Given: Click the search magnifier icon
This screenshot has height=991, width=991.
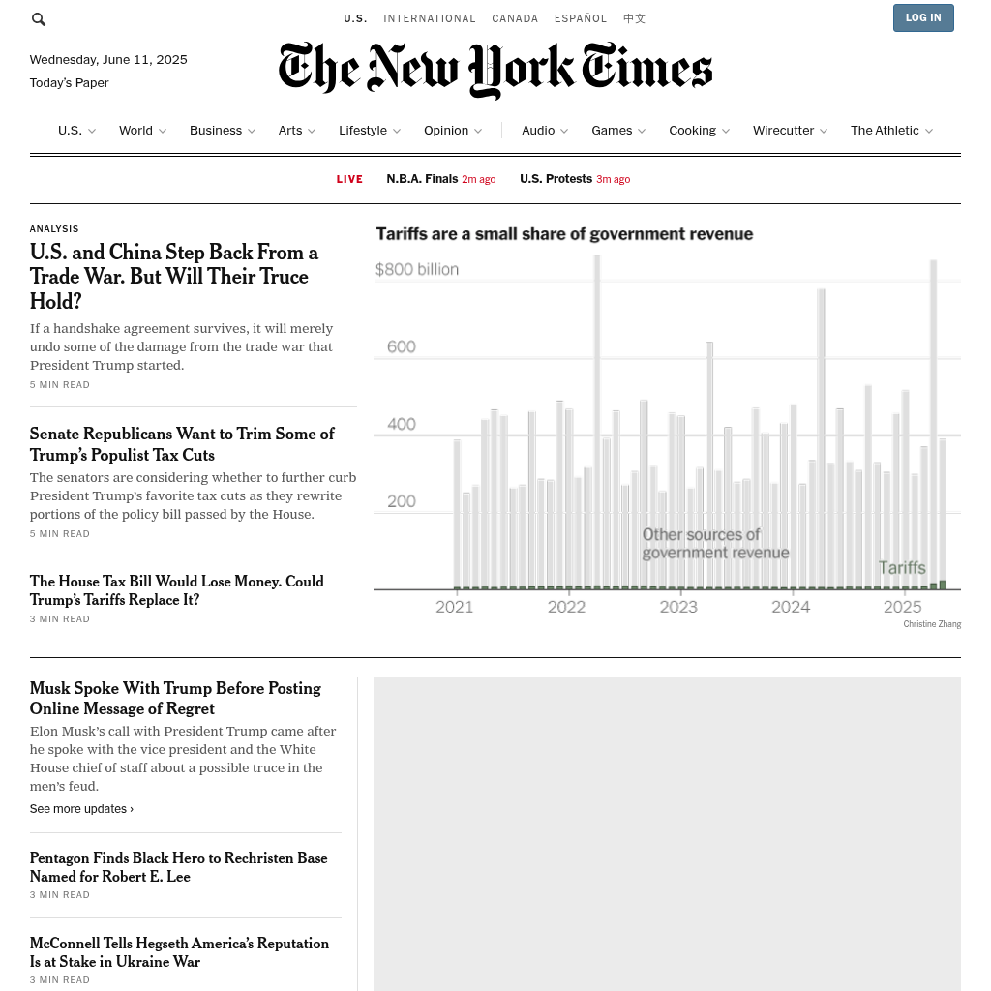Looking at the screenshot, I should click(x=39, y=19).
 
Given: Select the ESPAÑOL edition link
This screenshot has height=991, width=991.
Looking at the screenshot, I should click(x=581, y=18).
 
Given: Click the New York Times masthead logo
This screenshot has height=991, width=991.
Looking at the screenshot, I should click(x=495, y=70).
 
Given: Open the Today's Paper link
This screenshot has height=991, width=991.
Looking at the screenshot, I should click(x=69, y=83).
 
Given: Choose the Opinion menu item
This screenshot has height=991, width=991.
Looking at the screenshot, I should click(x=446, y=131).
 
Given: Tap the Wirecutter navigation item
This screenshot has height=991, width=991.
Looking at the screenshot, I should click(x=783, y=131).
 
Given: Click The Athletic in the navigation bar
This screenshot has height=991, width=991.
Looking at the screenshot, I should click(x=885, y=131).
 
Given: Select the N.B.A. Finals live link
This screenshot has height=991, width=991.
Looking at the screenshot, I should click(x=422, y=179).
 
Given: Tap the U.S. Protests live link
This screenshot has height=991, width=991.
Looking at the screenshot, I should click(x=556, y=179).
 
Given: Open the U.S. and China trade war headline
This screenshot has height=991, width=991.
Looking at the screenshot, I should click(x=174, y=277).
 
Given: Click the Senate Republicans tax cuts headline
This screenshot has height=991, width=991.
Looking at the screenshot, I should click(x=182, y=444).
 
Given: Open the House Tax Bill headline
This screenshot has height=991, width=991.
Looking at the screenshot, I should click(x=176, y=590).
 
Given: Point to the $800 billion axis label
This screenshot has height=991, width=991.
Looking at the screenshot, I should click(x=417, y=269).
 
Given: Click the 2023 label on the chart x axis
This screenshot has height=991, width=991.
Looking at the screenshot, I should click(x=678, y=607).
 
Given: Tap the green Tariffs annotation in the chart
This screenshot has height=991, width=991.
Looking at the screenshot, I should click(x=902, y=568).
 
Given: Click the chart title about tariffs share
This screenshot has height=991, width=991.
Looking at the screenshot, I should click(x=564, y=234).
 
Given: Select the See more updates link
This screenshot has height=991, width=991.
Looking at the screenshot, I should click(x=81, y=809).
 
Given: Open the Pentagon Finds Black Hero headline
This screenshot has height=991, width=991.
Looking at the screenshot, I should click(x=178, y=867).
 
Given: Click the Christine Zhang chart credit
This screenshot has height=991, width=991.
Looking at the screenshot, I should click(x=932, y=624).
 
